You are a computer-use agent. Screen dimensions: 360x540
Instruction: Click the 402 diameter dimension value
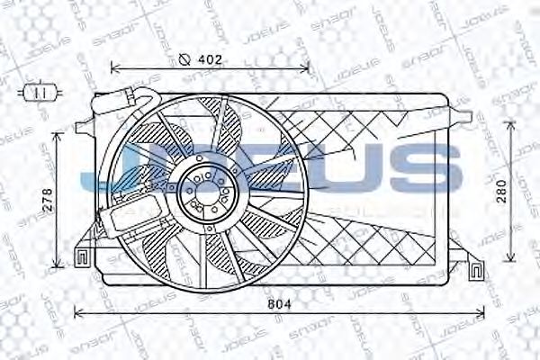click(209, 60)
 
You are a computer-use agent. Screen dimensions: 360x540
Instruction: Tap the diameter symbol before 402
click(184, 60)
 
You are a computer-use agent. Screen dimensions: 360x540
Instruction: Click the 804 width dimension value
click(281, 305)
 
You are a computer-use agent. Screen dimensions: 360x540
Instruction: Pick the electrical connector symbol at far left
click(38, 91)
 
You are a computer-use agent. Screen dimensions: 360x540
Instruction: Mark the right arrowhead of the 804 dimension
click(484, 312)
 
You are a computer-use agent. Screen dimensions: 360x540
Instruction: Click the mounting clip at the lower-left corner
click(81, 256)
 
